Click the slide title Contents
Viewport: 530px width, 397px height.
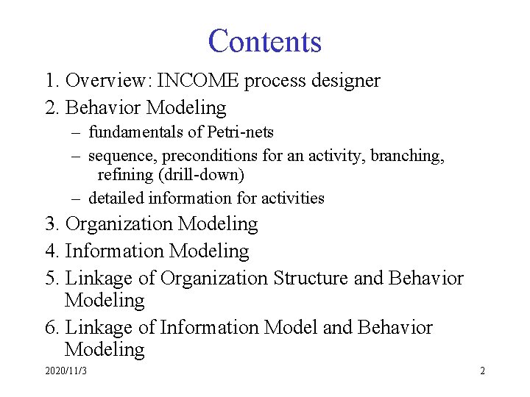[x=265, y=41]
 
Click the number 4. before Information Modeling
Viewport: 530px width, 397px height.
[x=52, y=251]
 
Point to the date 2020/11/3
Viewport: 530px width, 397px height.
[x=66, y=371]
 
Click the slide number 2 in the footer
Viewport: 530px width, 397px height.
[x=482, y=371]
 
